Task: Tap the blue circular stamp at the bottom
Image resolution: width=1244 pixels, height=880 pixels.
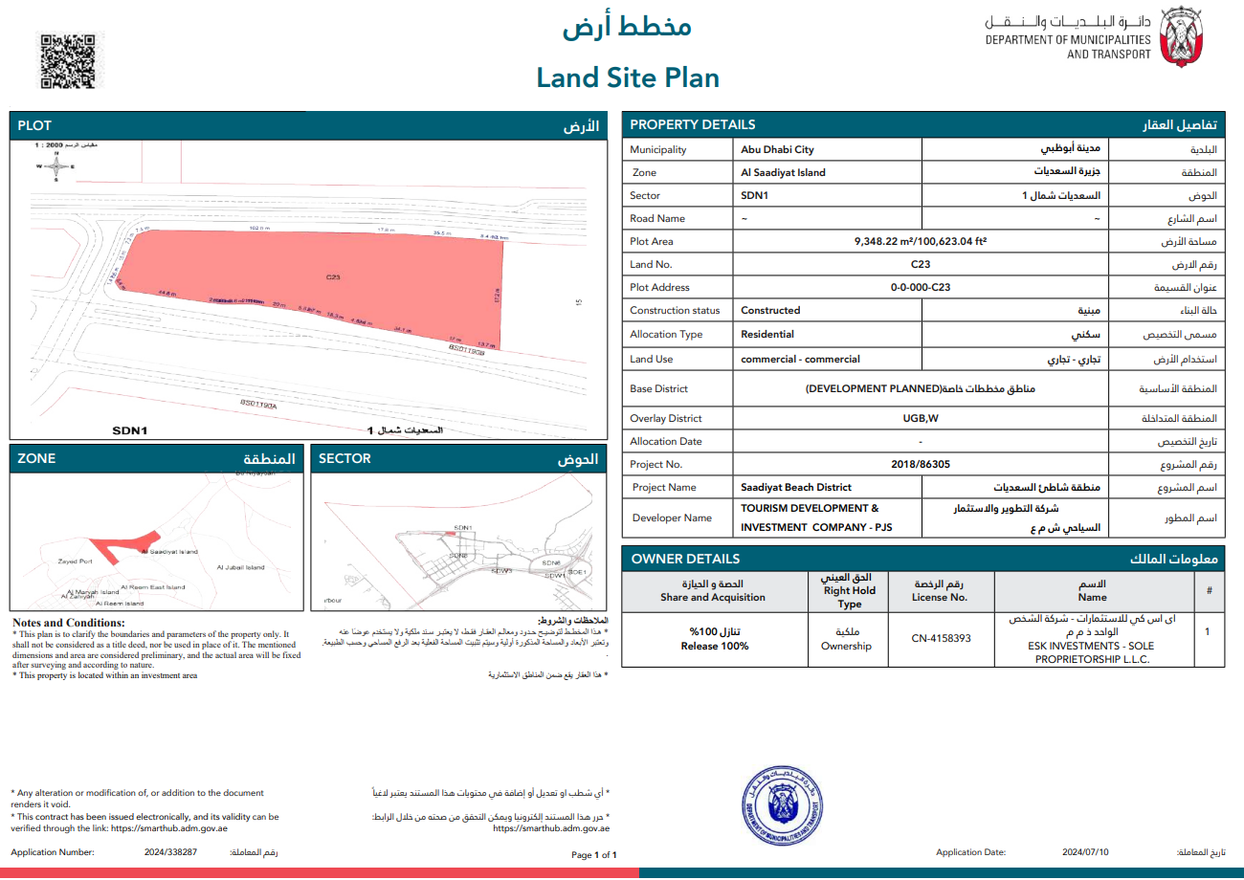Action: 783,808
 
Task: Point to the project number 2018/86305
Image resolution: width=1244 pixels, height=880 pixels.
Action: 920,464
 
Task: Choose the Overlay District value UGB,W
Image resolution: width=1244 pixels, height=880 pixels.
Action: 921,419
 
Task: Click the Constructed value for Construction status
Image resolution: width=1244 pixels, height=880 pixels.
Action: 770,310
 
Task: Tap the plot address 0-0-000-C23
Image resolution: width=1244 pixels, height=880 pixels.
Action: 921,287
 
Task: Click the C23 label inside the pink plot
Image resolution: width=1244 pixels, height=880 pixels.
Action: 333,277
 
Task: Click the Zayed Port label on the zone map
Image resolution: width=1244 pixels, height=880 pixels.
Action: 75,561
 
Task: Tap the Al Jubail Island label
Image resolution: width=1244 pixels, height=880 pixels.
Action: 240,567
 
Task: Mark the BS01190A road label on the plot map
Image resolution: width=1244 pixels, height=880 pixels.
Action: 258,406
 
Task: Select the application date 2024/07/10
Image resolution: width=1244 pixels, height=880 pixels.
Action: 1085,851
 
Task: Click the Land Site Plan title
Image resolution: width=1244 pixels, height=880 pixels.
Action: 627,77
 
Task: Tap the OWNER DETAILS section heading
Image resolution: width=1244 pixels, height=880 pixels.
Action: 685,559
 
